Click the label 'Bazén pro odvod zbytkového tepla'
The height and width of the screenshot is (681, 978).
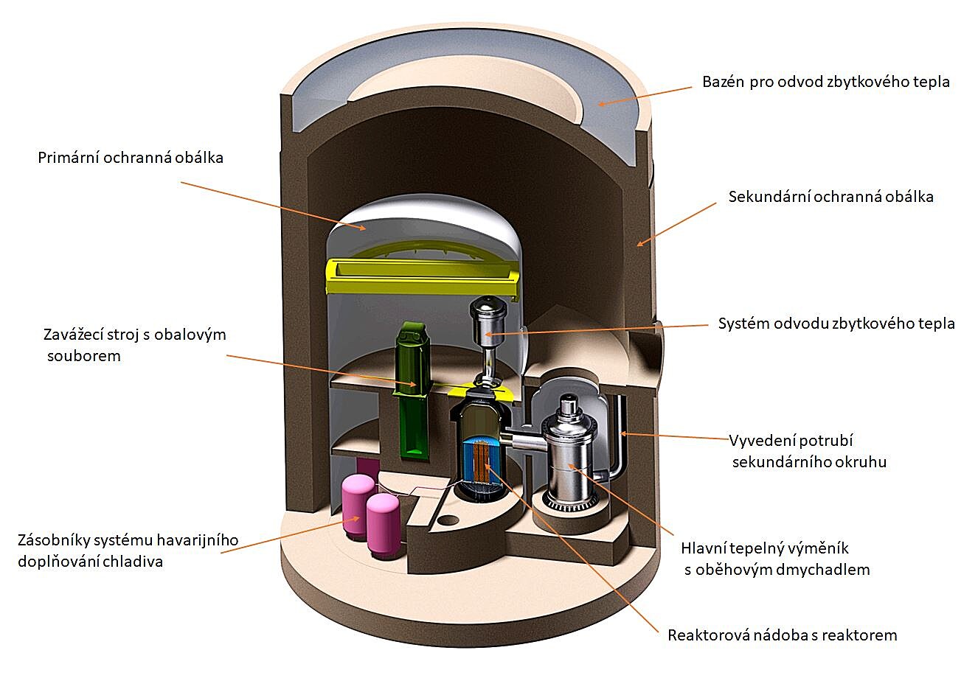[825, 81]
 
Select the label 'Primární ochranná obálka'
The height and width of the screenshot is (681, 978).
[131, 158]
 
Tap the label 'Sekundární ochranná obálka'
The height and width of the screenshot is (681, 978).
[830, 197]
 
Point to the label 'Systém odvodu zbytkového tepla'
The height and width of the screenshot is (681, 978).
[836, 324]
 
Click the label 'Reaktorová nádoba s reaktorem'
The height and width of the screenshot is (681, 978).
[782, 635]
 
